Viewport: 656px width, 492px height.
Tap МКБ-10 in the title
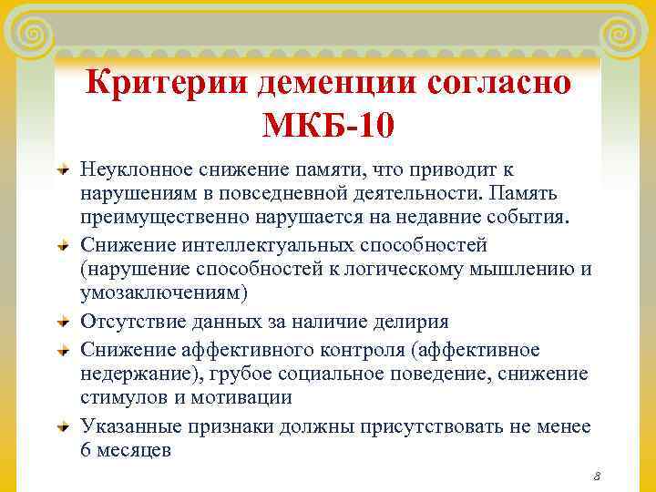coord(328,123)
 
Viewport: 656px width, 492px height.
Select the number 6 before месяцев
coord(87,450)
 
